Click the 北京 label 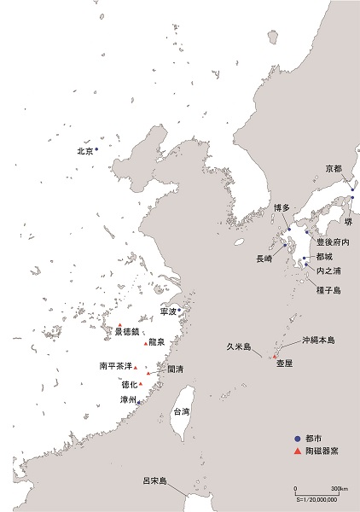(x=84, y=151)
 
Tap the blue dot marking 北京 (x=96, y=149)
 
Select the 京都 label (x=334, y=168)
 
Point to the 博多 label (x=282, y=207)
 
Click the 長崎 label (x=266, y=257)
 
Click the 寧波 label (x=168, y=312)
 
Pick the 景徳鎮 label (x=125, y=331)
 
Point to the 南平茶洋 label (x=115, y=366)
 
